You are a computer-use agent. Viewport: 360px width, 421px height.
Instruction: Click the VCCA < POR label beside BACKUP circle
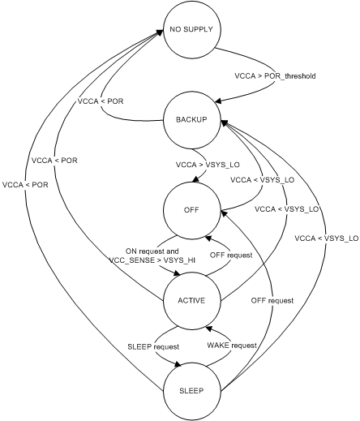(100, 104)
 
